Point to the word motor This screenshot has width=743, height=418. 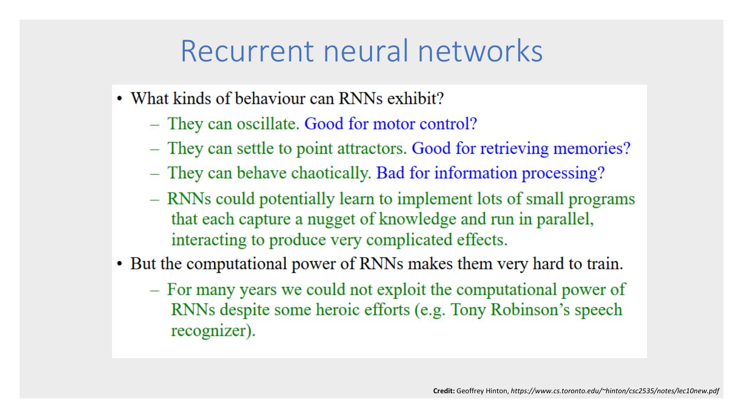click(390, 124)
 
